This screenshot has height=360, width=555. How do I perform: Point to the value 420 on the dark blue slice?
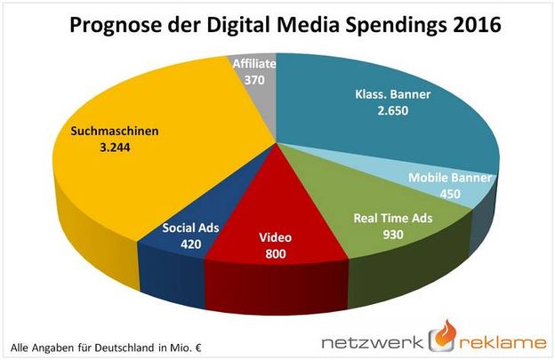(x=190, y=243)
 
